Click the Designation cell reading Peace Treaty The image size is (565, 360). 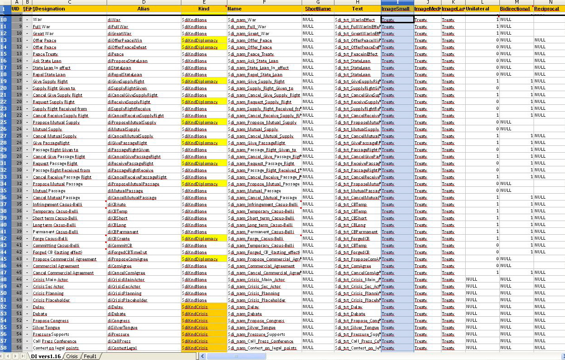pyautogui.click(x=45, y=54)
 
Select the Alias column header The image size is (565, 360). pyautogui.click(x=144, y=9)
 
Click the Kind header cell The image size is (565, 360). pyautogui.click(x=204, y=9)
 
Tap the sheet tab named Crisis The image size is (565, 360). pyautogui.click(x=72, y=356)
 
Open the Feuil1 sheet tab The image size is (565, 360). pyautogui.click(x=90, y=356)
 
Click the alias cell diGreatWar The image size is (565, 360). pyautogui.click(x=119, y=34)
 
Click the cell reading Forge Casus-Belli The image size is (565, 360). pyautogui.click(x=50, y=239)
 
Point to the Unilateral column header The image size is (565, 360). pyautogui.click(x=477, y=9)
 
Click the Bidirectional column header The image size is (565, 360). pyautogui.click(x=515, y=9)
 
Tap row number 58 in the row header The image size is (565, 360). pyautogui.click(x=4, y=348)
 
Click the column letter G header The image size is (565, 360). pyautogui.click(x=318, y=2)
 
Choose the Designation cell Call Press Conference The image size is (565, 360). pyautogui.click(x=55, y=341)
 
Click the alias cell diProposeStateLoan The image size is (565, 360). pyautogui.click(x=126, y=61)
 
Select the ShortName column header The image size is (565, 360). pyautogui.click(x=318, y=9)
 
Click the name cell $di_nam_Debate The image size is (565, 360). pyautogui.click(x=245, y=314)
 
